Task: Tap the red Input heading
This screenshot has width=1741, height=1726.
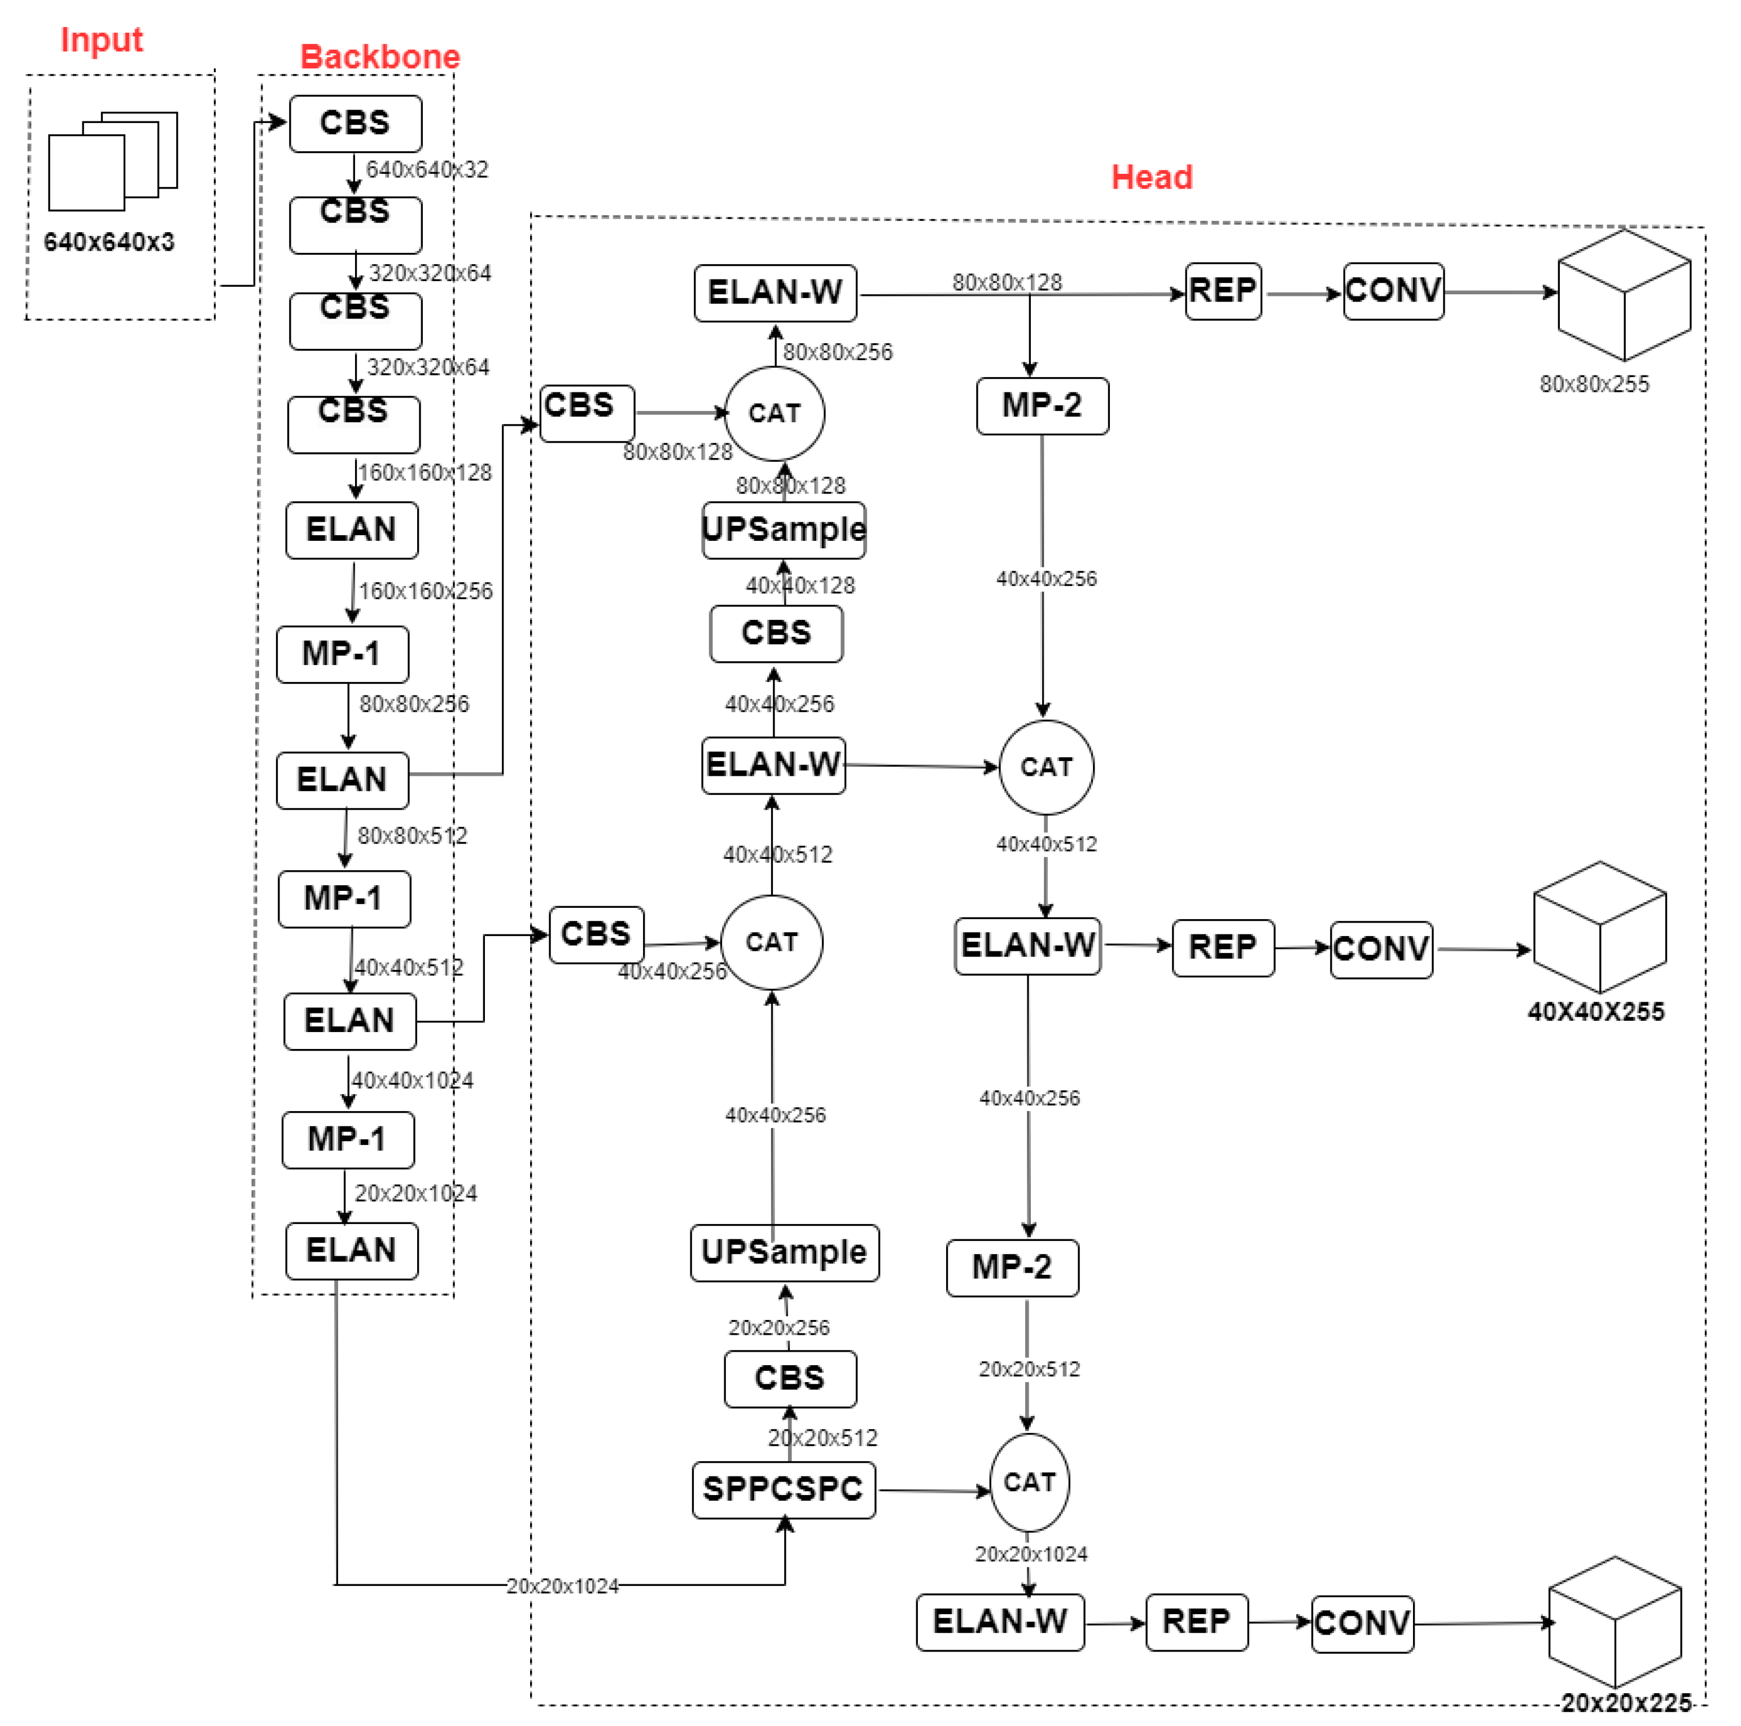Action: point(101,40)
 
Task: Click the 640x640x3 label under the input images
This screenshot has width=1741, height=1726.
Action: point(109,242)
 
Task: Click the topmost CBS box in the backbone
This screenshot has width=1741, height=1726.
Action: point(355,124)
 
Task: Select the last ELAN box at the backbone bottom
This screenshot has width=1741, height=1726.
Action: point(352,1250)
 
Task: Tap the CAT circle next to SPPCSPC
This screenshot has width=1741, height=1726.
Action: point(1029,1483)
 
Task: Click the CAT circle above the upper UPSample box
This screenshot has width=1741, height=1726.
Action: point(774,413)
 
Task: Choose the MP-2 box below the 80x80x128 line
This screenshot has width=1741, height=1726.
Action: point(1042,405)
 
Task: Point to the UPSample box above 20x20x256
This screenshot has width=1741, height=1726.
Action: point(784,1252)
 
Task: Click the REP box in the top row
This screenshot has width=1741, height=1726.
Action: point(1223,291)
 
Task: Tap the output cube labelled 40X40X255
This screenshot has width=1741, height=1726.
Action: point(1599,928)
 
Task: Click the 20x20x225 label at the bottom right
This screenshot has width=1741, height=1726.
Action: point(1626,1702)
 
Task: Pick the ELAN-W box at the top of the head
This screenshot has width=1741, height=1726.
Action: point(775,293)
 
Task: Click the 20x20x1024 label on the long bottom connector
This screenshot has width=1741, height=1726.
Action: point(562,1585)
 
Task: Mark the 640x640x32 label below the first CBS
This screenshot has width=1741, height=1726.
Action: point(427,169)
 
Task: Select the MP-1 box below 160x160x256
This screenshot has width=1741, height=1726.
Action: point(343,653)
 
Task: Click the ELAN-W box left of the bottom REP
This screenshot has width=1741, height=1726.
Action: point(999,1622)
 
